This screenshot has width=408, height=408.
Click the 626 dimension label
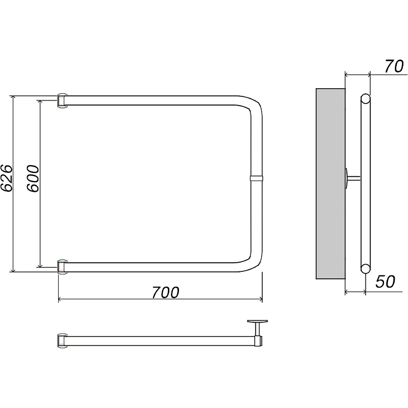pyautogui.click(x=6, y=178)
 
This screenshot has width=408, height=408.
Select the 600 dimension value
pyautogui.click(x=33, y=178)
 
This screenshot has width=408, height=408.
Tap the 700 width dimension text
pyautogui.click(x=165, y=292)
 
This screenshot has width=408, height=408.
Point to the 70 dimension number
pyautogui.click(x=394, y=66)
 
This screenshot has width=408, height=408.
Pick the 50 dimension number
pyautogui.click(x=385, y=282)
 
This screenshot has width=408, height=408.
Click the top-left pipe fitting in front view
pyautogui.click(x=62, y=100)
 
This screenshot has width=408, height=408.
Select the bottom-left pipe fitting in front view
pyautogui.click(x=62, y=267)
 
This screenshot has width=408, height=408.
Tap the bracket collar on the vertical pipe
pyautogui.click(x=257, y=178)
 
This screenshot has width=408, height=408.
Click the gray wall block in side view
pyautogui.click(x=330, y=184)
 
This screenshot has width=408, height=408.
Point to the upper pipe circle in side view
pyautogui.click(x=366, y=99)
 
